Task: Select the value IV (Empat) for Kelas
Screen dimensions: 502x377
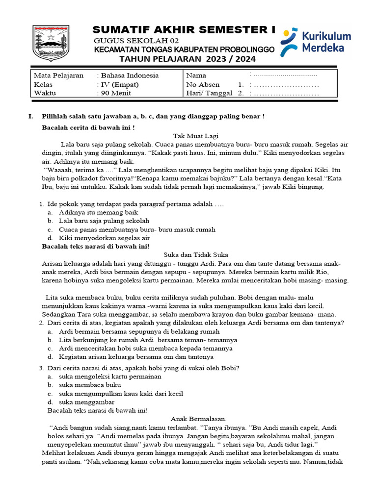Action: tap(120, 84)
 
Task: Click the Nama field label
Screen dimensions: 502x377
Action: tap(196, 75)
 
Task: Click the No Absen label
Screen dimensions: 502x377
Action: tap(203, 84)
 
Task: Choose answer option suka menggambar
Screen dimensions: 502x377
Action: tap(86, 402)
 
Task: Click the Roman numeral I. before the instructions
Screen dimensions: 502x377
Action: tap(31, 116)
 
